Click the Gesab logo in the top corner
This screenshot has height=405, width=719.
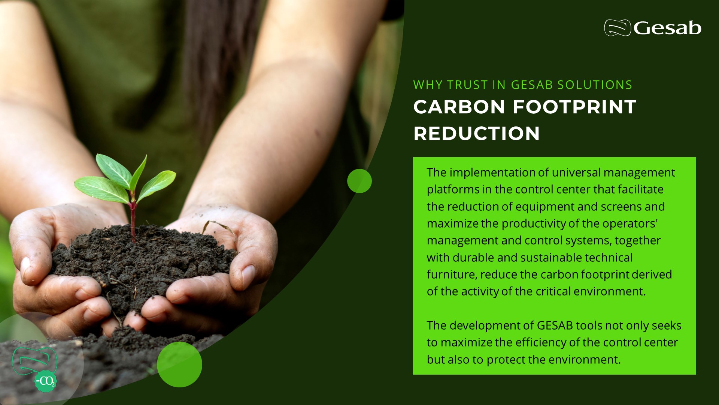click(652, 28)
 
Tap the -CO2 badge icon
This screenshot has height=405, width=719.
click(46, 381)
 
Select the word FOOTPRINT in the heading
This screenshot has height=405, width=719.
click(574, 107)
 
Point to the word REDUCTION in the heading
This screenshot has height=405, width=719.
click(476, 133)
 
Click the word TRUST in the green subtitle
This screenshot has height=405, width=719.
click(467, 85)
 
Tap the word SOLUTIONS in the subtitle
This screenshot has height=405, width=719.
click(595, 85)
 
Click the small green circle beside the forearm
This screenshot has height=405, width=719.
click(359, 181)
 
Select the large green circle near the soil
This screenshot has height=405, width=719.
click(179, 364)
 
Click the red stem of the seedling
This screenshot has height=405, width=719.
click(133, 221)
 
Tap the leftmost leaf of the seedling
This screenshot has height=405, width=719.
click(101, 189)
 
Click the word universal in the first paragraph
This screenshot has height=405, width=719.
click(576, 172)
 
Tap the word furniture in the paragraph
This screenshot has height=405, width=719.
click(452, 274)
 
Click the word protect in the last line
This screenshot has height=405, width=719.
click(506, 360)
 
